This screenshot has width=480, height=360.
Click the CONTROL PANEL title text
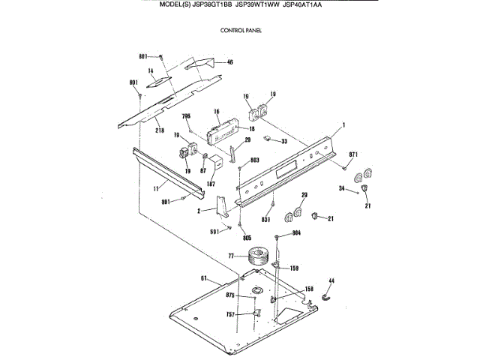pos(240,31)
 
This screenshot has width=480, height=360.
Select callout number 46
pos(229,62)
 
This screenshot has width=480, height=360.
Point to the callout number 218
pos(159,131)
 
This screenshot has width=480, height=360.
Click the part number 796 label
pos(187,116)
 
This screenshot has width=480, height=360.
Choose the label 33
pos(284,141)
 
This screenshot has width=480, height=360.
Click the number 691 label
pos(214,231)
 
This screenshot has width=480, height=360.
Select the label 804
pos(296,233)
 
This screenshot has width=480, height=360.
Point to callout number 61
pos(203,278)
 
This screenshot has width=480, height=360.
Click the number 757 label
pos(231,316)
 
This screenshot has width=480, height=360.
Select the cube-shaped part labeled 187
pos(214,164)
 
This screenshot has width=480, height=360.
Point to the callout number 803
pos(254,160)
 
